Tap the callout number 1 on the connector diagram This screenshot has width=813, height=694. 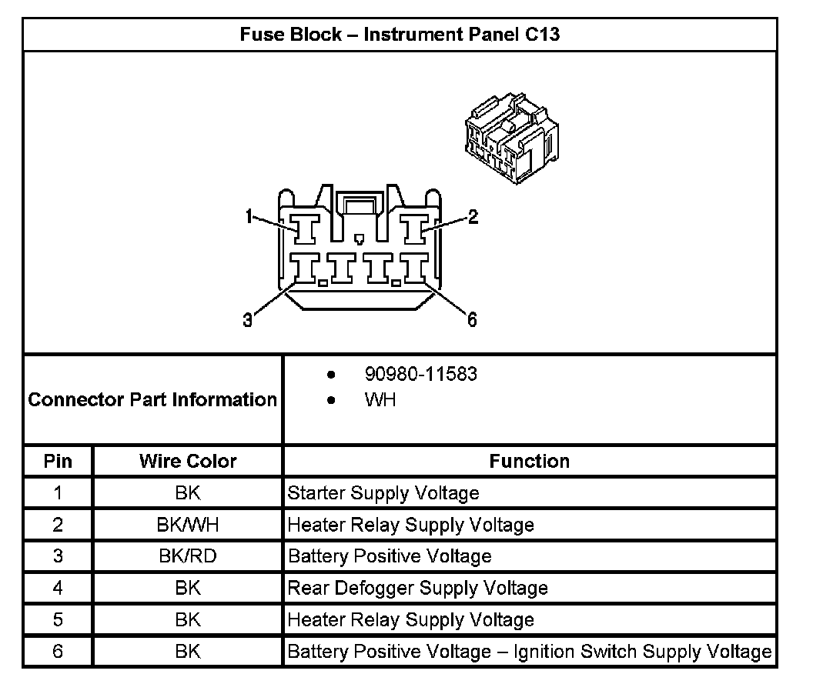249,218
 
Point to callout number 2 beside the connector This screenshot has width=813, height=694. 473,217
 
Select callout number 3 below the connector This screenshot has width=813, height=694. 247,321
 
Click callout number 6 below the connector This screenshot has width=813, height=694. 472,320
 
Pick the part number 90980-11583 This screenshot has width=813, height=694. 420,374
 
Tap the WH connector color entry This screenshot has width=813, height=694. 380,400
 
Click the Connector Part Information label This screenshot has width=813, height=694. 152,400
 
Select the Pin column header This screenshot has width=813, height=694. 58,462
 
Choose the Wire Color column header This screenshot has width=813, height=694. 188,462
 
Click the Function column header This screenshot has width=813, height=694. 530,462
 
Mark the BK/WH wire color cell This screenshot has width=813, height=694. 188,525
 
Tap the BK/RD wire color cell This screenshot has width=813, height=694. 188,556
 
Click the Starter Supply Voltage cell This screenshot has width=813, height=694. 383,493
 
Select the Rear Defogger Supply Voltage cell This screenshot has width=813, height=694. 417,589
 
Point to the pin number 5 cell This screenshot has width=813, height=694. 58,620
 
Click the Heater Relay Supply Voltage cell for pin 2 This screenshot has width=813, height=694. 410,525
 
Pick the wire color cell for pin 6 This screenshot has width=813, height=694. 188,652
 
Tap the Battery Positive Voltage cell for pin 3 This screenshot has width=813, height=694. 390,556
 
